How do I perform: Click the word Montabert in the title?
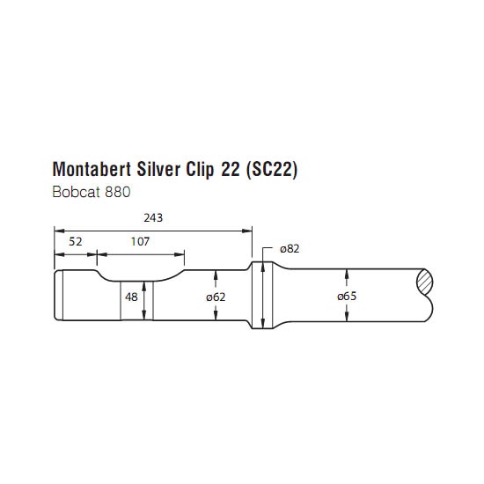point(92,169)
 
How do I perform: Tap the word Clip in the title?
point(200,170)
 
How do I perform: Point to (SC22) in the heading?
point(272,170)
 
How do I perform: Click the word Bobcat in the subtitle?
point(77,192)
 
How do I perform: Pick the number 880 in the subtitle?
point(118,192)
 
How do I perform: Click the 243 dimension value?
point(153,218)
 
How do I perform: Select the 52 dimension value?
point(76,242)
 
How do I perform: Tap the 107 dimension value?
point(140,241)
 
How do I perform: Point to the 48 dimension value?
point(131,297)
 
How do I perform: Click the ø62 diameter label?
point(216,297)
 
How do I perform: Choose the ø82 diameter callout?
point(290,249)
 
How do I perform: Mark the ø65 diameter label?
point(347,296)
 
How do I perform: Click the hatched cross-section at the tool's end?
point(425,282)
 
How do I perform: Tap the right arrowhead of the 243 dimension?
point(247,231)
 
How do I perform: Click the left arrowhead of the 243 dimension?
point(60,231)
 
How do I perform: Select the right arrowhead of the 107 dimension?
point(180,254)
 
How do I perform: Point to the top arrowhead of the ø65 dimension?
point(347,274)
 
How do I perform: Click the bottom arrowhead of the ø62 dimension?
point(216,315)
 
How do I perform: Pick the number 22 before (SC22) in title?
point(230,169)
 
